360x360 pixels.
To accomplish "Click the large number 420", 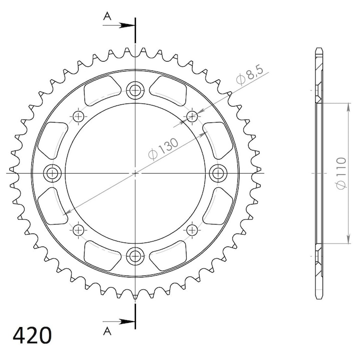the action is [x=32, y=335].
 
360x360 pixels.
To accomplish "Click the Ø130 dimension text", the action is [x=163, y=148].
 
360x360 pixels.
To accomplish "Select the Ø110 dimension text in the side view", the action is [x=341, y=173].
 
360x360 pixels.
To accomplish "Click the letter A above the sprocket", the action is [x=107, y=16].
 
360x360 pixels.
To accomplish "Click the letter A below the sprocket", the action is [x=107, y=331].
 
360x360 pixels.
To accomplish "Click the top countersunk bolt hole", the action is [x=135, y=90].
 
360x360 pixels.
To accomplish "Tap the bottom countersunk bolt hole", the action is [x=135, y=256].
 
